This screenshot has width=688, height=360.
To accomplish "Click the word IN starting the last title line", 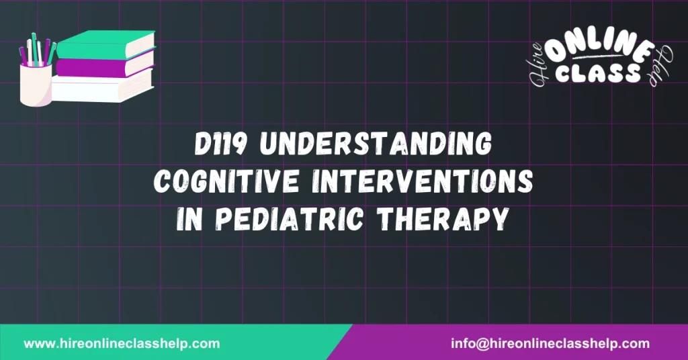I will (191, 220).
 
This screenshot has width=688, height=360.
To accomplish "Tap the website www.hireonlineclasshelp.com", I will (122, 343).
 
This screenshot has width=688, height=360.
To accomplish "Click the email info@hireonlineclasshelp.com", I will (550, 343).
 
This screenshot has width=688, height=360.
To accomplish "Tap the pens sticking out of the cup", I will (37, 50).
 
